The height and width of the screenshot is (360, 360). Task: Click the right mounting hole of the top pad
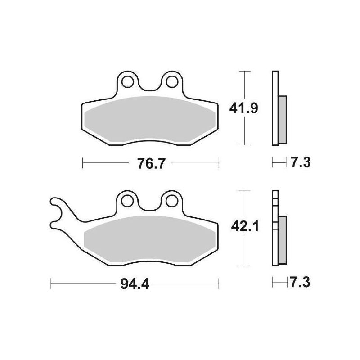[171, 82]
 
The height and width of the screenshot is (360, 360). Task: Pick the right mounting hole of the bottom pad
[171, 201]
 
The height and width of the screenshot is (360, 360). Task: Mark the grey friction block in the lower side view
[282, 240]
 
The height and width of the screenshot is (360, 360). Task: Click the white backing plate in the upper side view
[275, 108]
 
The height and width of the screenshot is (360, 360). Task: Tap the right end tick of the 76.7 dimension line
[218, 163]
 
